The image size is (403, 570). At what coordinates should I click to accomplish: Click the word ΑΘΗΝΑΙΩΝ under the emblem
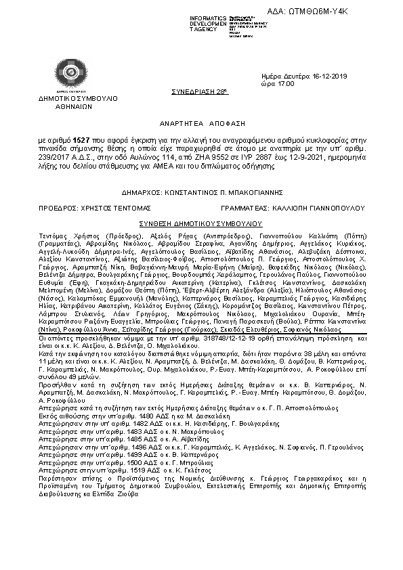point(64,106)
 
